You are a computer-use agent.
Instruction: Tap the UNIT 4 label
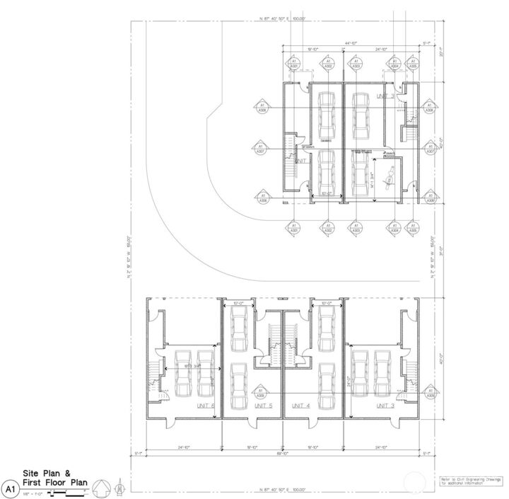pyautogui.click(x=300, y=406)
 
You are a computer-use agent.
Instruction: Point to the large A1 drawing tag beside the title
pyautogui.click(x=9, y=488)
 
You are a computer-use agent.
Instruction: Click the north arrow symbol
pyautogui.click(x=101, y=487)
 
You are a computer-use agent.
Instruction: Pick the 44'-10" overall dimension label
pyautogui.click(x=351, y=43)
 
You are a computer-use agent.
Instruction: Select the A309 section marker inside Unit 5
pyautogui.click(x=261, y=393)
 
